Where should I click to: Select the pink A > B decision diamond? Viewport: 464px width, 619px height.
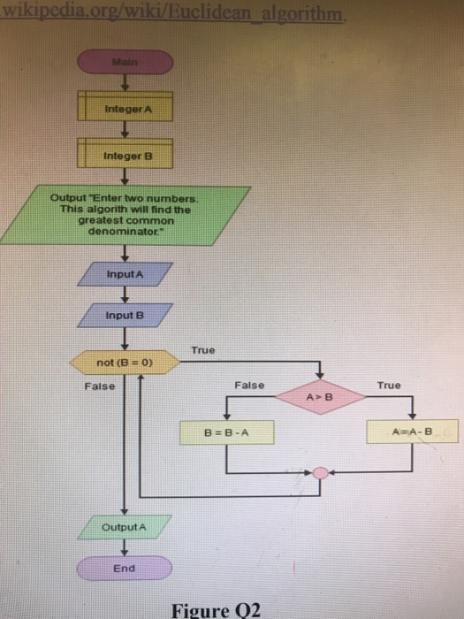point(320,397)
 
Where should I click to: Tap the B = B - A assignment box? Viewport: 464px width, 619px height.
point(228,432)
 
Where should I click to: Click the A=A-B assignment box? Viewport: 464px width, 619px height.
point(415,432)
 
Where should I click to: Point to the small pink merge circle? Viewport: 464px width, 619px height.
point(321,472)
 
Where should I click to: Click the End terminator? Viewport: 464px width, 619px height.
point(124,568)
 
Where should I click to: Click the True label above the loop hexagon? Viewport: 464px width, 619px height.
point(202,350)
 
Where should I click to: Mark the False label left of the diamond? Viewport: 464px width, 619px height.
point(249,386)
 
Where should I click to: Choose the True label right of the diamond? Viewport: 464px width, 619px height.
point(388,386)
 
